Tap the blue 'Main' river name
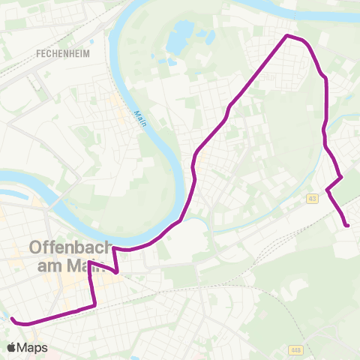coord(139,118)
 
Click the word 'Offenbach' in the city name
coord(70,247)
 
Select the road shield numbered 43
coord(312,198)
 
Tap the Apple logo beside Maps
coord(12,347)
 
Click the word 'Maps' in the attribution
coord(34,347)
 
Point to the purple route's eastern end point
coord(347,225)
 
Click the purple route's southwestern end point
coord(12,319)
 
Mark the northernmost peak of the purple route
coord(287,35)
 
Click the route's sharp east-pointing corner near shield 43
coord(342,177)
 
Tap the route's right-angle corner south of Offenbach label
coord(95,304)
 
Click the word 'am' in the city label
coord(44,265)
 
